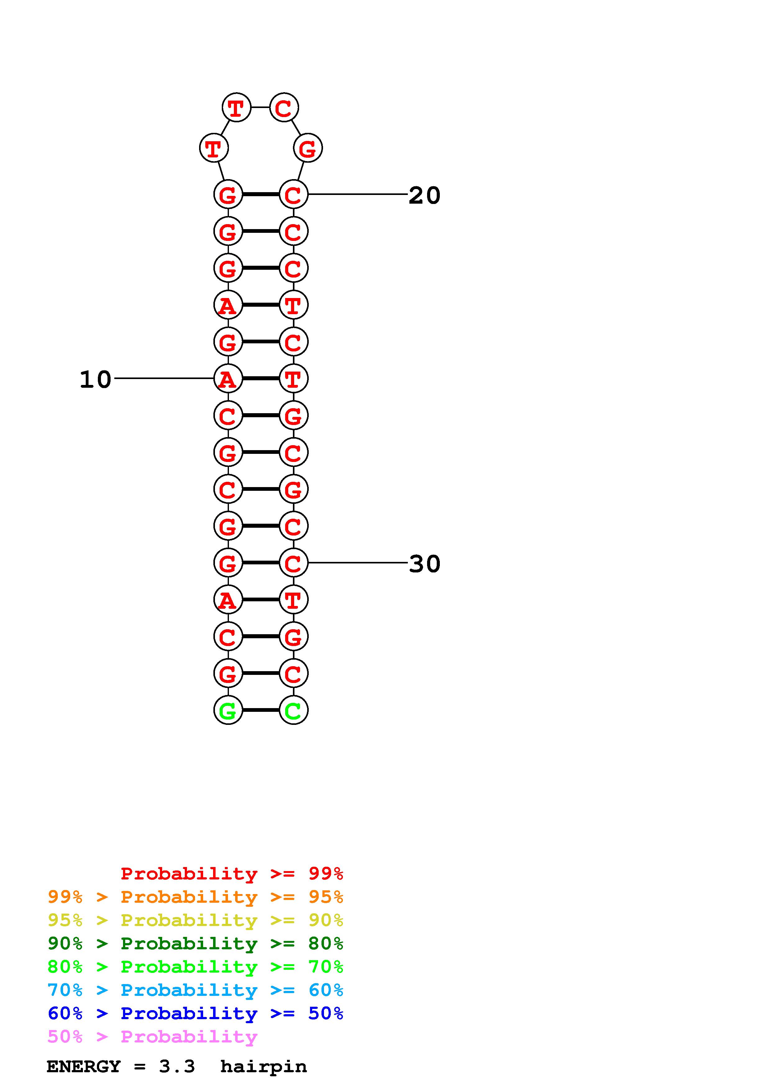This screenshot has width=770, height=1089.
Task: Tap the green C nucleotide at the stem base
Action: [293, 710]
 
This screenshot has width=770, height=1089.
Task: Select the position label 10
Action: [95, 379]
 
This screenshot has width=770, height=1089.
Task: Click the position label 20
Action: [424, 195]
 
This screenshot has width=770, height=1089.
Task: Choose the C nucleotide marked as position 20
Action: [293, 194]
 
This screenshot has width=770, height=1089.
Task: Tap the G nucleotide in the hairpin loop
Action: [308, 148]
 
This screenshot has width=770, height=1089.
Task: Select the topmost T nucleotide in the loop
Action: [236, 108]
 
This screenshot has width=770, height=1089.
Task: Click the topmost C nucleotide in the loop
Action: [284, 108]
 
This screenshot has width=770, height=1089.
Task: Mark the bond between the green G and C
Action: [261, 710]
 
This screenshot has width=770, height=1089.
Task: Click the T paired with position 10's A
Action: [293, 378]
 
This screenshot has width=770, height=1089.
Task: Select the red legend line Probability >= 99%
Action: [231, 873]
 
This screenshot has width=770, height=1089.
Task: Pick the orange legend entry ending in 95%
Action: [195, 897]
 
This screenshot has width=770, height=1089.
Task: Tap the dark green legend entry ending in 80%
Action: [195, 943]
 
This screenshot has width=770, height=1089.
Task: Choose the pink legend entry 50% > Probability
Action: [152, 1036]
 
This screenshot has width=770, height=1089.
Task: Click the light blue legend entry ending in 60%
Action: [195, 990]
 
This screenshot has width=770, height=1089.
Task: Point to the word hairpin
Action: [263, 1066]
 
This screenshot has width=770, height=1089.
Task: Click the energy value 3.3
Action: [176, 1066]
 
